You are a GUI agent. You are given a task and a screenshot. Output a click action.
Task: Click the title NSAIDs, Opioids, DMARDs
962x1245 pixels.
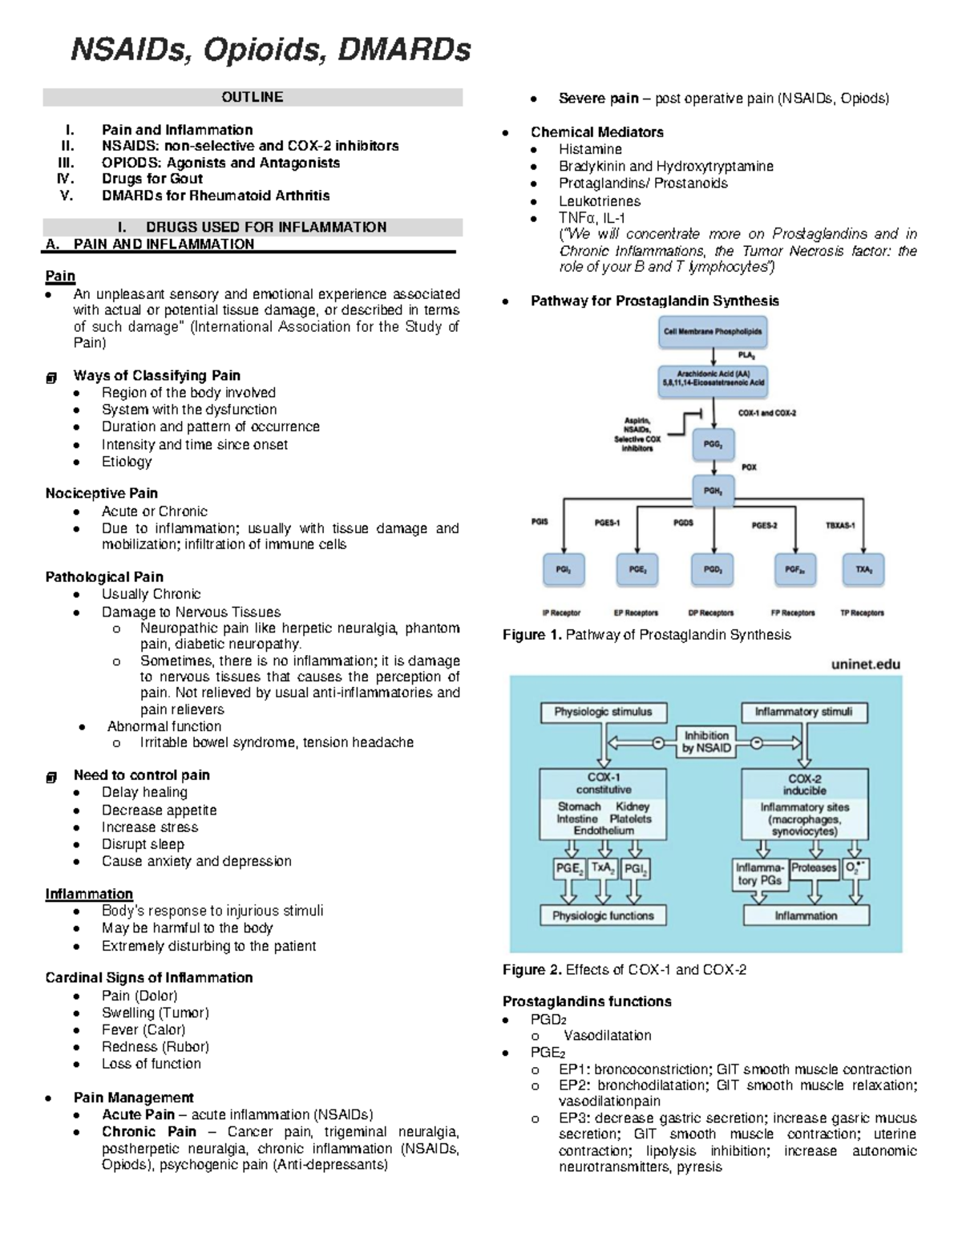271,51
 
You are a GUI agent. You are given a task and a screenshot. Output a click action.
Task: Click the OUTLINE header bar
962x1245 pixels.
253,97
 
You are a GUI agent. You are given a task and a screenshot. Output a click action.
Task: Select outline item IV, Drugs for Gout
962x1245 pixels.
152,179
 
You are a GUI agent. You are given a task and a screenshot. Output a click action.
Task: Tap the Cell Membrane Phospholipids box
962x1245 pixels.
713,331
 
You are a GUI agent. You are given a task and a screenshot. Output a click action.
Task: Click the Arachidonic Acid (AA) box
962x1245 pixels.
713,378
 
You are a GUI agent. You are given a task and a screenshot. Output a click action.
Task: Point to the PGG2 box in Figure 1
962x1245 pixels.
712,444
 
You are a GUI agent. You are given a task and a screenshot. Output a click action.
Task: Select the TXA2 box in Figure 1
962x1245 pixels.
863,569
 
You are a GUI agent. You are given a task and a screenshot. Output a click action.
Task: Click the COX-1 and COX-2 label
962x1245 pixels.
766,414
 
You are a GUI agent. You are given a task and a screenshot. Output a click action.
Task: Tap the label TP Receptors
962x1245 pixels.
862,612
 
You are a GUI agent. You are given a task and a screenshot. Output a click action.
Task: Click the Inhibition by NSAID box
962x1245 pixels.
705,742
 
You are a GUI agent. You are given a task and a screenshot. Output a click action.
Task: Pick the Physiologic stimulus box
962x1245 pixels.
603,712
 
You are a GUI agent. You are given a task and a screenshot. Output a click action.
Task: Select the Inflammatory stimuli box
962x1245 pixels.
803,712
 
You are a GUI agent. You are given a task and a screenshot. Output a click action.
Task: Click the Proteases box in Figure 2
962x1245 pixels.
814,868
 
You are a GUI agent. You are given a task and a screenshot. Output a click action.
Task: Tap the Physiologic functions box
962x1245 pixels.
603,916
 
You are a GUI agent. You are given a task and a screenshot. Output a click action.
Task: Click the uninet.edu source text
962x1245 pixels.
866,665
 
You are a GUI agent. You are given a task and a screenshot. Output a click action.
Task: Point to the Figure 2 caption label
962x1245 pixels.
532,970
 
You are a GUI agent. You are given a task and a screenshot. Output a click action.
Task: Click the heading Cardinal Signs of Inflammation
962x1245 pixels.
149,978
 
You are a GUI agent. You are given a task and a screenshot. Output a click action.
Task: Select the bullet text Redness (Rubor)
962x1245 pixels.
155,1047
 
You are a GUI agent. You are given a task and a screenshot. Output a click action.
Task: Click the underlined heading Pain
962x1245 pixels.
60,276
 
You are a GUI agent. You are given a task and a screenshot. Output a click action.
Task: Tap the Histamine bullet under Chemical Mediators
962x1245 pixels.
590,149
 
